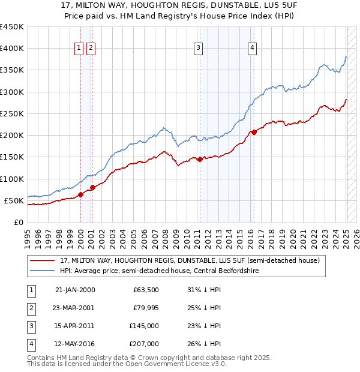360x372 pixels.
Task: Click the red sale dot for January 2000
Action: [80, 194]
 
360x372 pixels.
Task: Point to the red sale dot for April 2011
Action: [200, 159]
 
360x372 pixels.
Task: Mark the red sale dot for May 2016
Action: [254, 132]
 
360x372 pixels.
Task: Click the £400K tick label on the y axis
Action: [12, 49]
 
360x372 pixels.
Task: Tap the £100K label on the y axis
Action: [12, 179]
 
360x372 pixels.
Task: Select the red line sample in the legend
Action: [42, 261]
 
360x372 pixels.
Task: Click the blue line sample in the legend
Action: [42, 271]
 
